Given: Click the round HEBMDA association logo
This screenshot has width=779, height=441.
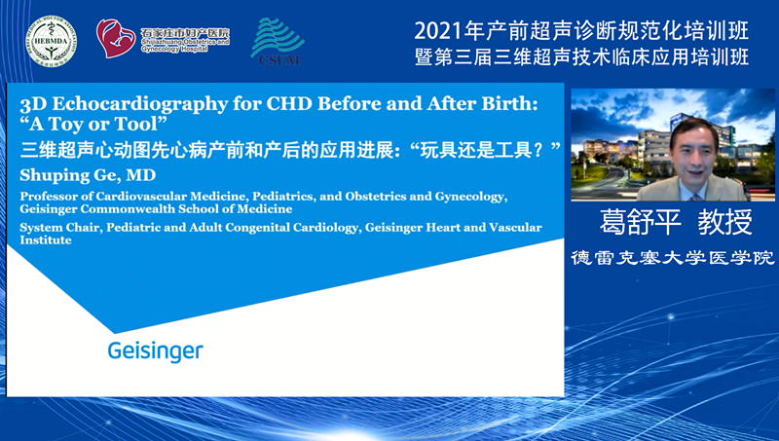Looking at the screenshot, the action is pos(52,41).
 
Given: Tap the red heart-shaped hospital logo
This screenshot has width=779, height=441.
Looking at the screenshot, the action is pos(116,38).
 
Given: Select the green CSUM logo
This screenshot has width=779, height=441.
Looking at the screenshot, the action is pos(278,41).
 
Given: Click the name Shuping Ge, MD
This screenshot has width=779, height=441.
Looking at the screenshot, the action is pos(88,175).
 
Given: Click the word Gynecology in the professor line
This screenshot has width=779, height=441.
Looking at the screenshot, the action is pos(470,197).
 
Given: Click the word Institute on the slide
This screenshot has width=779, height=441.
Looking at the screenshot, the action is pos(46,239).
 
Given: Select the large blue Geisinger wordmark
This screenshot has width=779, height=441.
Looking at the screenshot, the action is pos(156,351).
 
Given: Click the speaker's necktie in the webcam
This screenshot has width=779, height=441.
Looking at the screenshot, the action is pos(694,197).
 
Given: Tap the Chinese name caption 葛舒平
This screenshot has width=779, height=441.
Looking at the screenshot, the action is pos(641,222).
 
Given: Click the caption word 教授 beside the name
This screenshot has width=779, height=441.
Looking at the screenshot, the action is pos(724,222).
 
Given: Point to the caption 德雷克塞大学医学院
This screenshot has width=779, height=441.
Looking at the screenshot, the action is pos(673,257).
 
